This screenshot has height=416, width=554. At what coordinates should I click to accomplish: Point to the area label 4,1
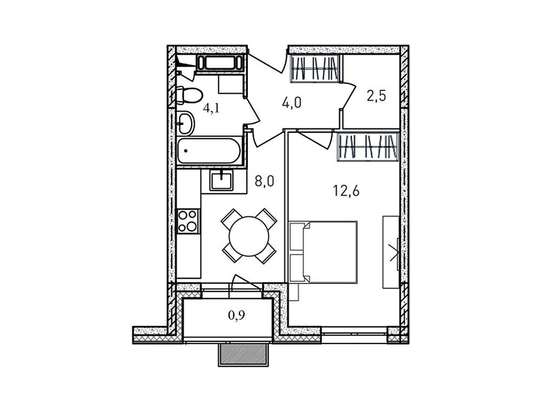click(x=211, y=108)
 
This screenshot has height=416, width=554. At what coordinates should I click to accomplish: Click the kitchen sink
click(x=221, y=179)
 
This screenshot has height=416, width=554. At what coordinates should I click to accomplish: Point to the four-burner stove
click(x=188, y=220)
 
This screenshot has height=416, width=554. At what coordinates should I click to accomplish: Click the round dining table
click(x=249, y=236)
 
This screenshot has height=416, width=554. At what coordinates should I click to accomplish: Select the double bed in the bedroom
click(x=325, y=251)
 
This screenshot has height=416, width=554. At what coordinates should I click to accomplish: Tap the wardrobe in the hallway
click(x=316, y=69)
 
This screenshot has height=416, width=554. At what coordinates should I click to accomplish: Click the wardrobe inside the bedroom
click(x=369, y=147)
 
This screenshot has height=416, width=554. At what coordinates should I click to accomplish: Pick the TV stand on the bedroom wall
click(x=391, y=251)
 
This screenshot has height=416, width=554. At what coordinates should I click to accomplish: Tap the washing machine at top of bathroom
click(x=221, y=63)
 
